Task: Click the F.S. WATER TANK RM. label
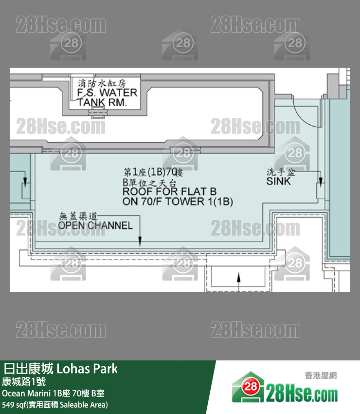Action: pyautogui.click(x=107, y=97)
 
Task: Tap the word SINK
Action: pyautogui.click(x=278, y=181)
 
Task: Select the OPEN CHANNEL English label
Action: pyautogui.click(x=95, y=226)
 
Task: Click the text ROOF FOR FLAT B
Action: pyautogui.click(x=169, y=191)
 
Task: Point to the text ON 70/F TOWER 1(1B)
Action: pyautogui.click(x=178, y=202)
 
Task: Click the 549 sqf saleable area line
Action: pyautogui.click(x=55, y=404)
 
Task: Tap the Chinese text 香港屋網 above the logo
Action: pyautogui.click(x=320, y=376)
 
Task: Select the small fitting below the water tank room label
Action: pyautogui.click(x=93, y=113)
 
